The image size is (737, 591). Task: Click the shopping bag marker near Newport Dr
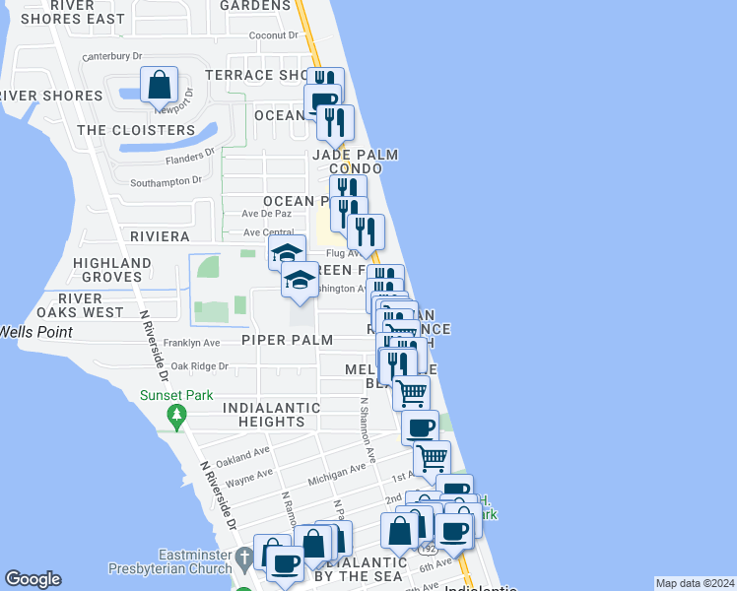(x=160, y=86)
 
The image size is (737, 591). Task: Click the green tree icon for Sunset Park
(x=176, y=418)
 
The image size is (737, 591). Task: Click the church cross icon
(x=243, y=560)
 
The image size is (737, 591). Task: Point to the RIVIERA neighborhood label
(x=160, y=236)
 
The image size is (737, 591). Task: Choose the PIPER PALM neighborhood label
(x=288, y=340)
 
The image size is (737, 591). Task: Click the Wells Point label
(x=35, y=332)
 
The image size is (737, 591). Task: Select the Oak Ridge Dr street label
(x=199, y=365)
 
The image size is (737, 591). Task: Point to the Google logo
(x=33, y=579)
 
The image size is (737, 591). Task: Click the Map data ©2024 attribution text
(x=694, y=583)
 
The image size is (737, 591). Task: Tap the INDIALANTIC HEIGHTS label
(x=271, y=415)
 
